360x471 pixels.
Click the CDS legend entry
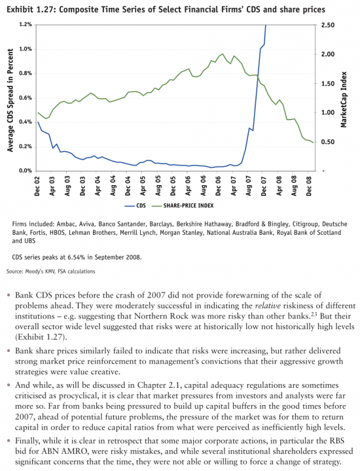pyautogui.click(x=135, y=206)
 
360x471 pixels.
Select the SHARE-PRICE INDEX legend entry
pyautogui.click(x=183, y=206)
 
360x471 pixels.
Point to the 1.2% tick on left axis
pyautogui.click(x=26, y=25)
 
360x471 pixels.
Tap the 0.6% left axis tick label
pyautogui.click(x=26, y=98)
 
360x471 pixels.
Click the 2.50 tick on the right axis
pyautogui.click(x=328, y=26)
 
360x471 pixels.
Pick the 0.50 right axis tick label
pyautogui.click(x=328, y=142)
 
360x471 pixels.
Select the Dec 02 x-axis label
pyautogui.click(x=37, y=186)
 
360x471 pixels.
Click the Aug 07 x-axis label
pyautogui.click(x=249, y=186)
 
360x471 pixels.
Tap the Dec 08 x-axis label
pyautogui.click(x=309, y=186)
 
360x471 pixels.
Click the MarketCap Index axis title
pyautogui.click(x=344, y=99)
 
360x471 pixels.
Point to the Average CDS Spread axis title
pyautogui.click(x=10, y=100)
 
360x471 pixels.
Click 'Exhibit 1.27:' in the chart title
pyautogui.click(x=31, y=10)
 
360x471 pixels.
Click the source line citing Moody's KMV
pyautogui.click(x=51, y=271)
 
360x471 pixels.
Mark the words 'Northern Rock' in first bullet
pyautogui.click(x=161, y=317)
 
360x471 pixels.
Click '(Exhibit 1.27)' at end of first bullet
pyautogui.click(x=40, y=337)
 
